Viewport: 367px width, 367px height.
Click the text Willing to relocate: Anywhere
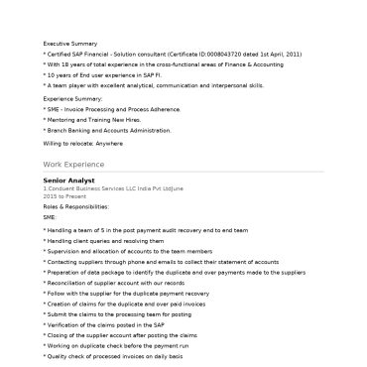pos(82,144)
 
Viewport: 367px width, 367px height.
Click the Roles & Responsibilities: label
pos(74,205)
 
